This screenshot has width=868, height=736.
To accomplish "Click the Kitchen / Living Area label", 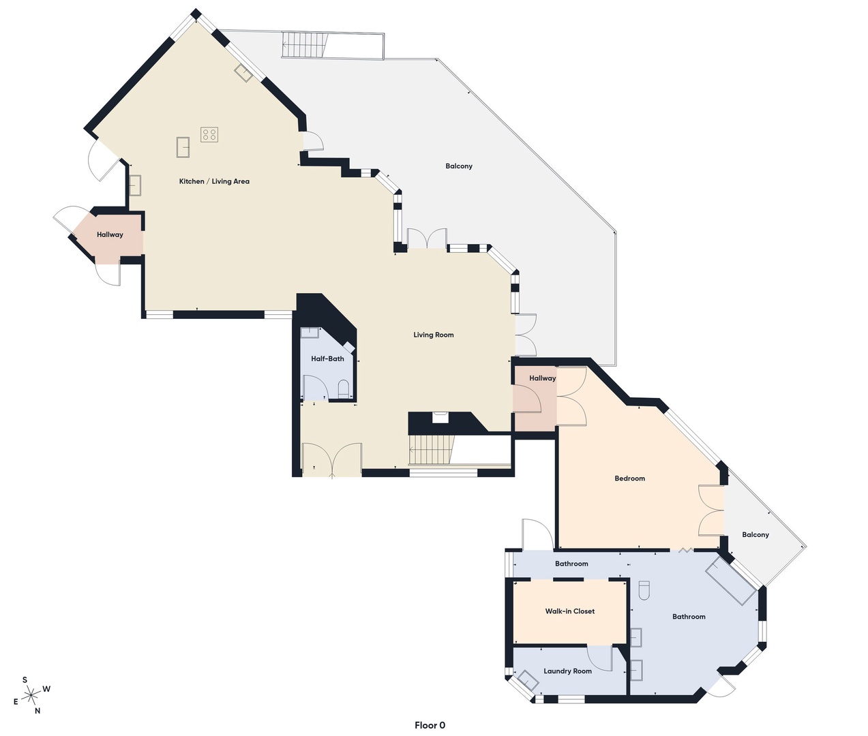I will [214, 181].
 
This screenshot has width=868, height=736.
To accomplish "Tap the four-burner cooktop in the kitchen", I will [209, 134].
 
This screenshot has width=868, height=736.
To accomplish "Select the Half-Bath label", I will [327, 358].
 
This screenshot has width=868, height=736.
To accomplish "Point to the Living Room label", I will [433, 335].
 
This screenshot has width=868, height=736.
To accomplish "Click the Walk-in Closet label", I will [569, 611].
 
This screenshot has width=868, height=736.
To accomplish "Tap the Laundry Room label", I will [567, 671].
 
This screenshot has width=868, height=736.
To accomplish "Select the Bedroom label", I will [629, 478].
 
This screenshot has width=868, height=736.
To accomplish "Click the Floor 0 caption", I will [430, 725].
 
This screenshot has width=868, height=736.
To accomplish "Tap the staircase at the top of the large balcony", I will [305, 45].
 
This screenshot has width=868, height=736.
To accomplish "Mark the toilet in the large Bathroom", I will [644, 590].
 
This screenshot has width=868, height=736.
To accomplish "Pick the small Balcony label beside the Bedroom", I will [755, 535].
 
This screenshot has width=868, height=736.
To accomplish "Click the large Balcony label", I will [459, 166].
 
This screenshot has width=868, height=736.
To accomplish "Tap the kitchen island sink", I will [183, 147].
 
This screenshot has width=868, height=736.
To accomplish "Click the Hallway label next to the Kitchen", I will [110, 234].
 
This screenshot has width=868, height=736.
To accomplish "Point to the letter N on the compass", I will [38, 711].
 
